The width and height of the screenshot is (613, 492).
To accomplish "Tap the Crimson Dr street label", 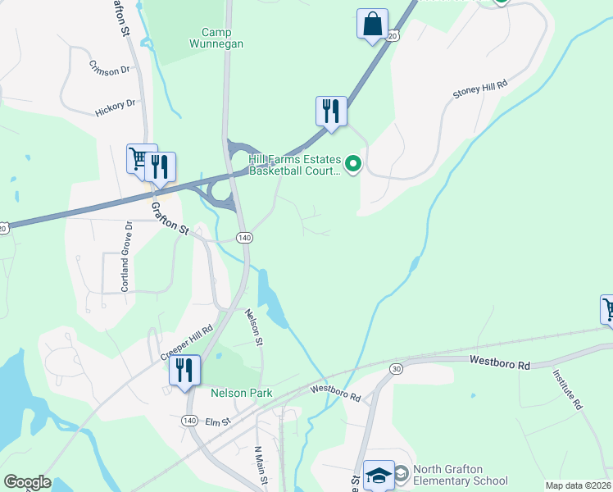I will pyautogui.click(x=110, y=70).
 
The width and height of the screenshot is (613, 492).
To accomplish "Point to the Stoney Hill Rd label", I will pyautogui.click(x=480, y=89).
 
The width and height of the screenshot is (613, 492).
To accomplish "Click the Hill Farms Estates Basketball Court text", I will pyautogui.click(x=294, y=166).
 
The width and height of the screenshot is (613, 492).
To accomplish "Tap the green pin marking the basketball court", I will pyautogui.click(x=353, y=165).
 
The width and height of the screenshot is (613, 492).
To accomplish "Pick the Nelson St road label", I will pyautogui.click(x=253, y=326).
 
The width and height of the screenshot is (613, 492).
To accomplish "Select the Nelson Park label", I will pyautogui.click(x=241, y=394).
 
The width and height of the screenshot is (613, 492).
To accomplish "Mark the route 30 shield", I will pyautogui.click(x=397, y=369).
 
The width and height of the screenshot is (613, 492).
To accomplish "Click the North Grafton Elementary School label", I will pyautogui.click(x=460, y=476).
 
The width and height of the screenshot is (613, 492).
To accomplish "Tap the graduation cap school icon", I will pyautogui.click(x=379, y=475).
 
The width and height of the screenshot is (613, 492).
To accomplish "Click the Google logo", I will pyautogui.click(x=27, y=482).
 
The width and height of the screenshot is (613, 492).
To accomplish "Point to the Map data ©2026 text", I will pyautogui.click(x=578, y=485).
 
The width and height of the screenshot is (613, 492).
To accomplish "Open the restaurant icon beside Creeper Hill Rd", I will pyautogui.click(x=184, y=370).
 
